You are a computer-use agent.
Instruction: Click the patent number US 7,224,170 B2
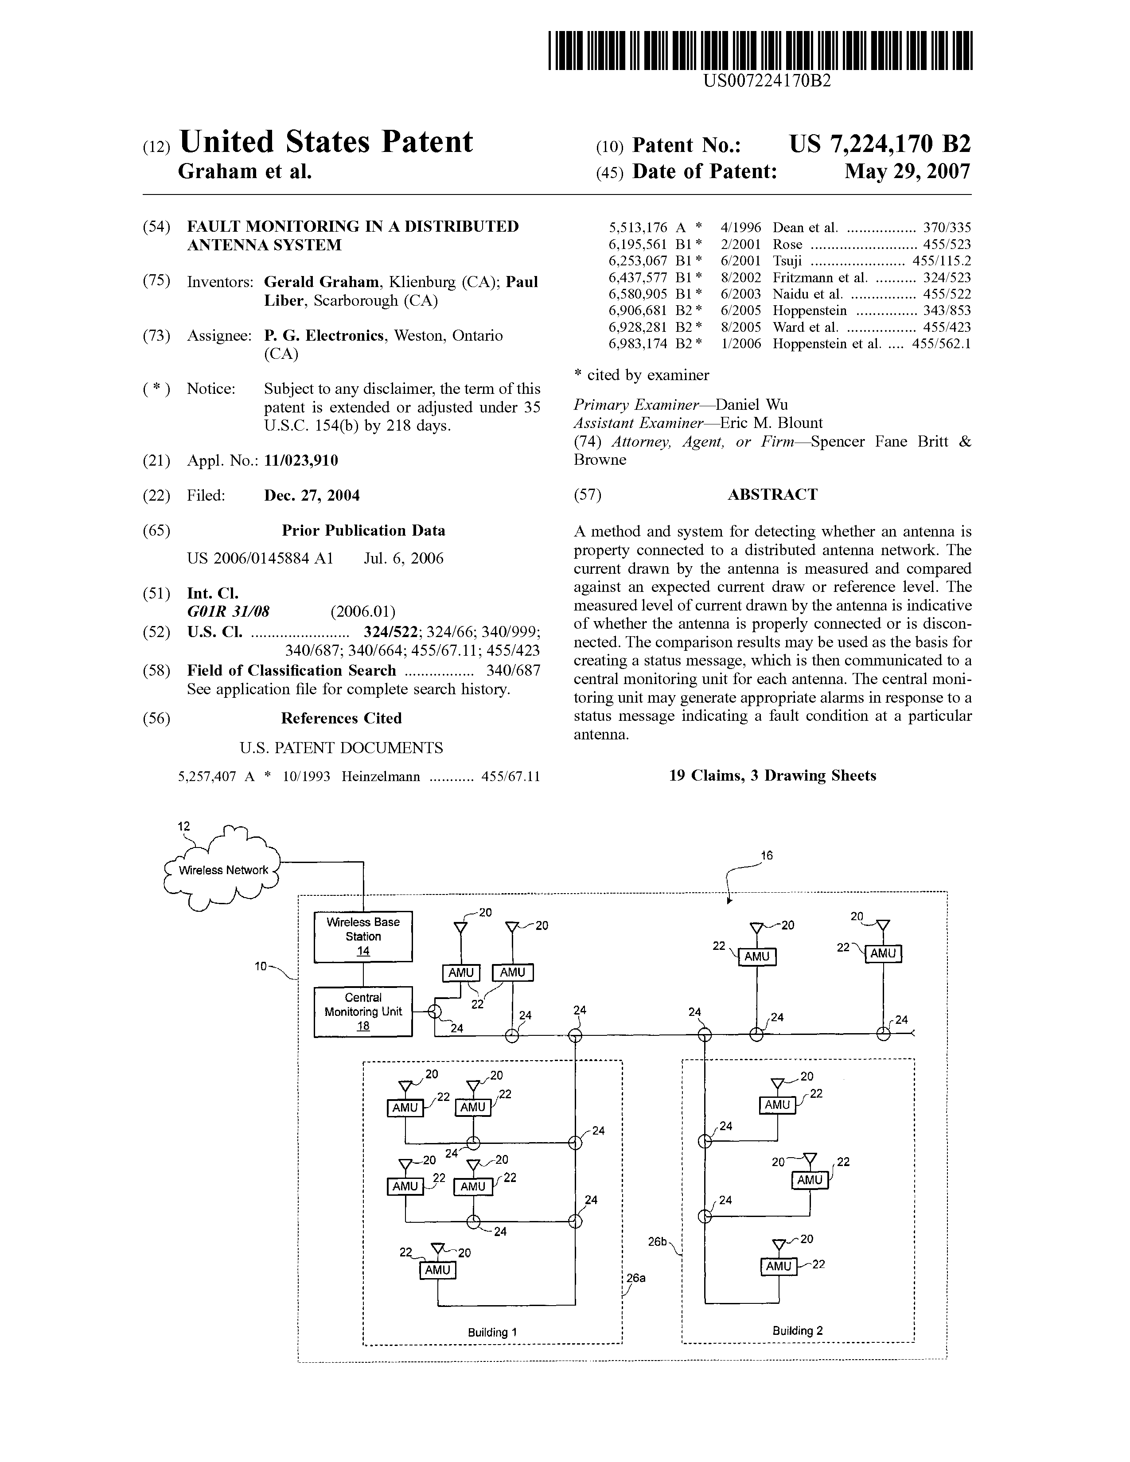(x=880, y=144)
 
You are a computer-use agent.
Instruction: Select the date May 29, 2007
(x=907, y=171)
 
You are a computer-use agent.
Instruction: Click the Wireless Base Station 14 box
(x=363, y=937)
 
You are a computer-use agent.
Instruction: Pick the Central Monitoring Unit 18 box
(x=363, y=1011)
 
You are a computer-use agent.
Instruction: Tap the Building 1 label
(x=492, y=1332)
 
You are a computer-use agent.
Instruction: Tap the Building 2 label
(x=797, y=1331)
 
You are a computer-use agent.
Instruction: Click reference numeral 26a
(x=636, y=1278)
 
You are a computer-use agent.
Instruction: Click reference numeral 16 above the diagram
(x=767, y=855)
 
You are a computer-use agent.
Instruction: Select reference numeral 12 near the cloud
(x=183, y=827)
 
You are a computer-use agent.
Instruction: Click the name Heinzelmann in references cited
(x=381, y=777)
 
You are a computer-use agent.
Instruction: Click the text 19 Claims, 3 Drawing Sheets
(x=772, y=775)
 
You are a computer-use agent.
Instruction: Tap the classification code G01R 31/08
(x=228, y=611)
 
